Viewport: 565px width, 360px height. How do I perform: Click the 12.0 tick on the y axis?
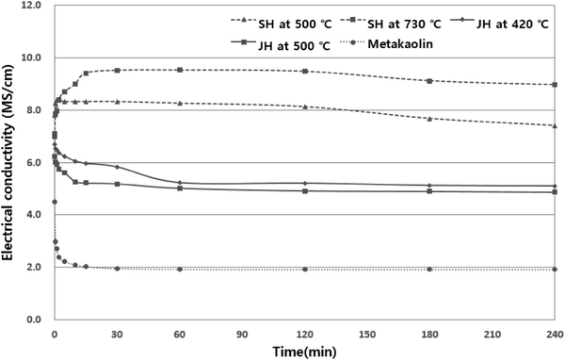[x=32, y=6]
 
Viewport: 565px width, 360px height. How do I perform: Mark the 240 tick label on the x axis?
[x=554, y=333]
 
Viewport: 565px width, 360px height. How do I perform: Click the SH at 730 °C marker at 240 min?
[x=555, y=85]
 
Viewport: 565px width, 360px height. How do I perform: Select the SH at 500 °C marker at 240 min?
[x=555, y=125]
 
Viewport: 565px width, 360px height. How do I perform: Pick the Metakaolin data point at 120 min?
[x=304, y=270]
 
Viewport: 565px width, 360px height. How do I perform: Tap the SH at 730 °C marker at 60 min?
[x=179, y=70]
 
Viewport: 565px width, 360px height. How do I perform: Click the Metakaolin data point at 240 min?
[x=555, y=270]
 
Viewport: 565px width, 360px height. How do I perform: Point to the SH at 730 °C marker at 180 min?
[x=429, y=81]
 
